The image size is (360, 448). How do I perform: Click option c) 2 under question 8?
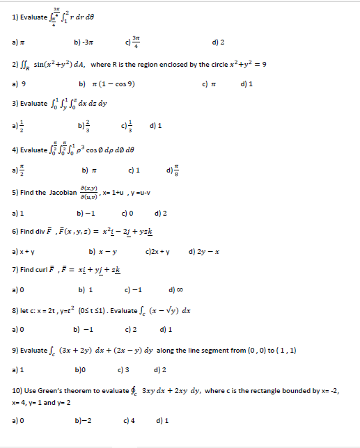click(130, 330)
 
